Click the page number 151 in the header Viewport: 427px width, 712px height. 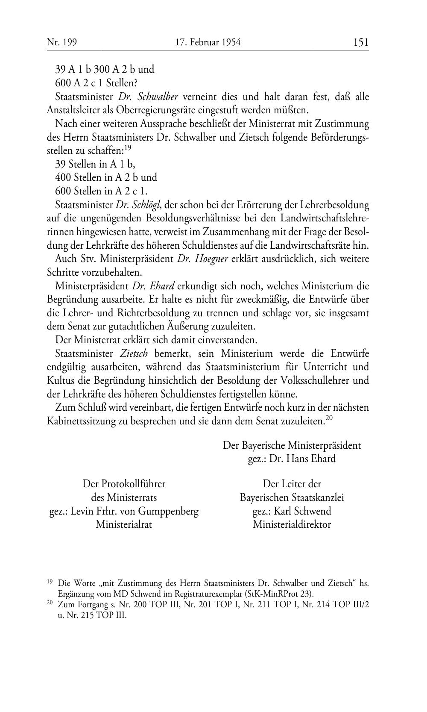[x=360, y=42]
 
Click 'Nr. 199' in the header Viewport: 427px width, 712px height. [x=58, y=42]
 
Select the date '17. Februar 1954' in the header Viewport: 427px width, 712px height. [x=208, y=42]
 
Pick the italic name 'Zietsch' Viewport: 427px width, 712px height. [x=134, y=353]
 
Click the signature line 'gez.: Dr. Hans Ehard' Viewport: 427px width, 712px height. [x=292, y=459]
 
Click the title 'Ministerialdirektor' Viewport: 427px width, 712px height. [x=292, y=524]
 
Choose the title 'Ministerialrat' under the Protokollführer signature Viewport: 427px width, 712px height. [x=124, y=524]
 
